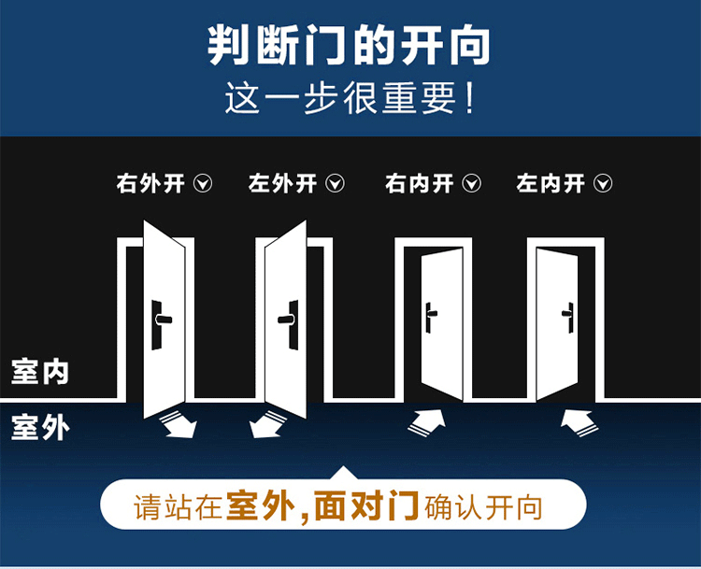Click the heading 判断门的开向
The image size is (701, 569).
coord(350,45)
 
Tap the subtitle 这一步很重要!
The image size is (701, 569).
coord(350,98)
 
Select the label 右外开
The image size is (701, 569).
coord(150,183)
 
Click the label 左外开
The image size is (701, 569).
coord(282,183)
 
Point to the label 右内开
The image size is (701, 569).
coord(420,183)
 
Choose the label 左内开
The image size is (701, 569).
coord(551,183)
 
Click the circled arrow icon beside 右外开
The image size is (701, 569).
coord(203,183)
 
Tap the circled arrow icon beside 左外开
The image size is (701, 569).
coord(335,183)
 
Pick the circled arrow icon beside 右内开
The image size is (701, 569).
coord(471,183)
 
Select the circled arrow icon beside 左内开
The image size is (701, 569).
coord(603,183)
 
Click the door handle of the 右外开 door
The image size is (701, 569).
coord(161,323)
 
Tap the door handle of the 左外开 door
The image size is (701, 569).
coord(289,323)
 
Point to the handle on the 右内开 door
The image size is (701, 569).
coord(430,318)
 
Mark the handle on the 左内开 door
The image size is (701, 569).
coord(568,318)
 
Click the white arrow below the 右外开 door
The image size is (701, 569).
coord(179,424)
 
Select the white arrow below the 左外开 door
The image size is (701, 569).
coord(267,424)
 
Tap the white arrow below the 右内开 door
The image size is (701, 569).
coord(427,421)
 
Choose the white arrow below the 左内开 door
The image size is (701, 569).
coord(579,422)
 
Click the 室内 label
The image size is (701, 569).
coord(40,372)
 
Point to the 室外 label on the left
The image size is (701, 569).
coord(40,427)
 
